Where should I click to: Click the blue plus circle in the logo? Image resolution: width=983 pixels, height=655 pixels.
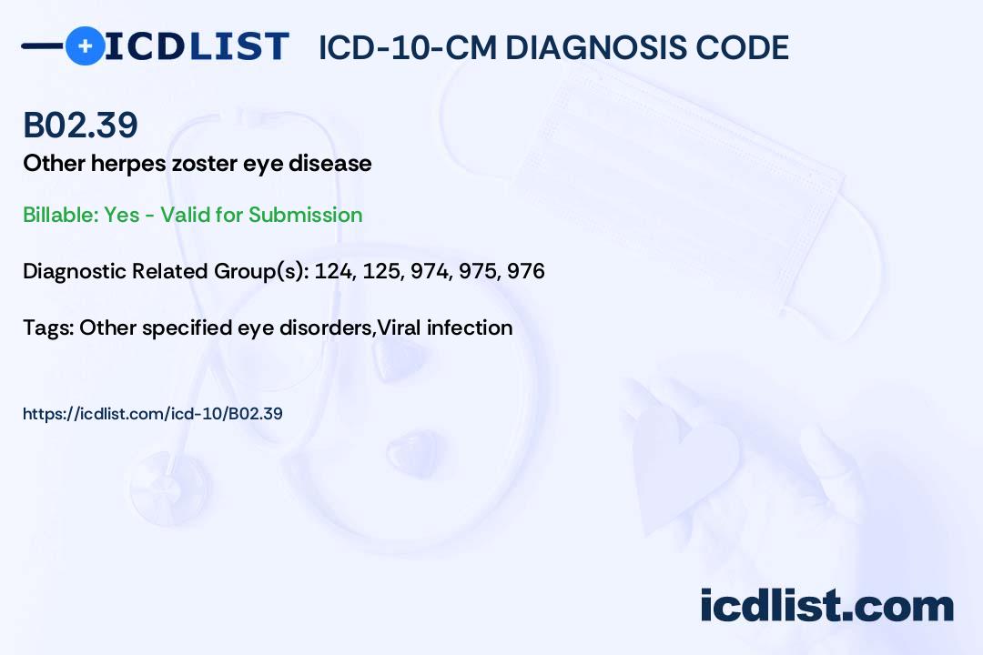click(85, 45)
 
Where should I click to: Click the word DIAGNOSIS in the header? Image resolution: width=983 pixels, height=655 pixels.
click(600, 48)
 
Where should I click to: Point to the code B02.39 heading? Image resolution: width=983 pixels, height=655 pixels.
click(80, 126)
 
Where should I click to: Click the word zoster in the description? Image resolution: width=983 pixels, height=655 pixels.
click(194, 164)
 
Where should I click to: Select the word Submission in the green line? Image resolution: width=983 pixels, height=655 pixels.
click(306, 215)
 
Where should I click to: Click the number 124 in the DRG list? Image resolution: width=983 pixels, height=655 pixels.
click(332, 271)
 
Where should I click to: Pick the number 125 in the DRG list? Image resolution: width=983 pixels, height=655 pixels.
click(380, 271)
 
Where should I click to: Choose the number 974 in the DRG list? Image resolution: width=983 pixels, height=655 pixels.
click(430, 271)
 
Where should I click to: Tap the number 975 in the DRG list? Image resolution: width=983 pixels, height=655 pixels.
click(478, 271)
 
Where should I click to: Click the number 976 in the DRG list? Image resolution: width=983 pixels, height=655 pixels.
click(526, 271)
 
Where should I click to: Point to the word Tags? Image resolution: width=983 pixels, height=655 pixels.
click(47, 327)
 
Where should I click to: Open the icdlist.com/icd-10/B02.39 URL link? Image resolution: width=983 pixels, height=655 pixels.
click(152, 414)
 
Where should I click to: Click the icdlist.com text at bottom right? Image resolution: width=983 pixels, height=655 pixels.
click(826, 605)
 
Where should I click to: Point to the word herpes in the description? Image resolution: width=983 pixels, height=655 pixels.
click(111, 164)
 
